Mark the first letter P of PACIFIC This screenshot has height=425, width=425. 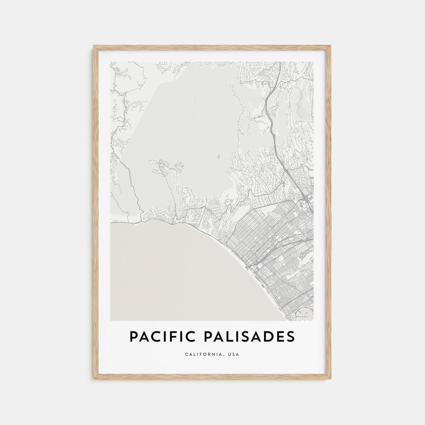pyautogui.click(x=134, y=336)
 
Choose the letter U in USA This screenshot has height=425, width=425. pyautogui.click(x=229, y=355)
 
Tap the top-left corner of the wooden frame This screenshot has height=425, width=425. pyautogui.click(x=94, y=46)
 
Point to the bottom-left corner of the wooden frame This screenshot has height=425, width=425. pyautogui.click(x=94, y=378)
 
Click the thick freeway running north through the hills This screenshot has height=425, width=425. pyautogui.click(x=270, y=118)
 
